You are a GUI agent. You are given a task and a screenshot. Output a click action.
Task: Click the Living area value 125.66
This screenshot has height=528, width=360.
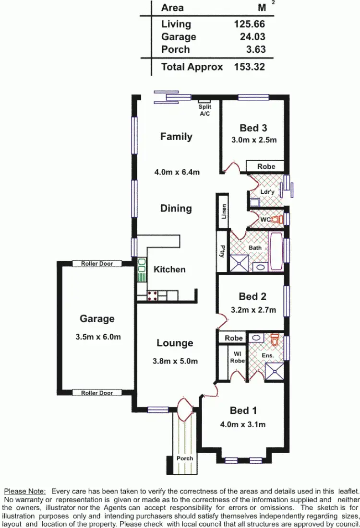249,24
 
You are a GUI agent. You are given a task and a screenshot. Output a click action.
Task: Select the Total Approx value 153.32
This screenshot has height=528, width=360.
249,67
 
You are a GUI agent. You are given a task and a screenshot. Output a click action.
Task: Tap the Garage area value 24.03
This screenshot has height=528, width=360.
252,37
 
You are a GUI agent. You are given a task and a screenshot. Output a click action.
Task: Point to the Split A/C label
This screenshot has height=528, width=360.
205,110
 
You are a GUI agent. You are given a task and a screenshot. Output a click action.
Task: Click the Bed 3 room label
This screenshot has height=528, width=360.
253,128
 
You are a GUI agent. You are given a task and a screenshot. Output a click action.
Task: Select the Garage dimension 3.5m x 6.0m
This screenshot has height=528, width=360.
98,337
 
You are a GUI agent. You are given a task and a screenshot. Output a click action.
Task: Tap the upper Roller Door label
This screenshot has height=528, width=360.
97,264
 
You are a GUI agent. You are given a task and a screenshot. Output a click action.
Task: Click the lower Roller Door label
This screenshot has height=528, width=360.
97,393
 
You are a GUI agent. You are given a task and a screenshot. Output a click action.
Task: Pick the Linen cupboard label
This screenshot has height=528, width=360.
224,211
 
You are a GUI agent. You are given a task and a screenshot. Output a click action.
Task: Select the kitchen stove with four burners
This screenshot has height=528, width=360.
153,295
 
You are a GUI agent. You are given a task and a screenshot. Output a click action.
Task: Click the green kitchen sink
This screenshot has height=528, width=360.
142,271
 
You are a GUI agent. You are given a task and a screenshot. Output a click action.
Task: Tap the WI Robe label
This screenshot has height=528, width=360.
237,357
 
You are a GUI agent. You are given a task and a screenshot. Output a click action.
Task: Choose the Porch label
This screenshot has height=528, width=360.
184,458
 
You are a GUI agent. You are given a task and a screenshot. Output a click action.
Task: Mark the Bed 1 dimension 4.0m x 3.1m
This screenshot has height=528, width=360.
243,424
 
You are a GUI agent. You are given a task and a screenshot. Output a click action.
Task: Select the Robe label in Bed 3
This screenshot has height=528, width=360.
266,166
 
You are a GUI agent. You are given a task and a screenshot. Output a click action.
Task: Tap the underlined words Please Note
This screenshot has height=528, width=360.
25,491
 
